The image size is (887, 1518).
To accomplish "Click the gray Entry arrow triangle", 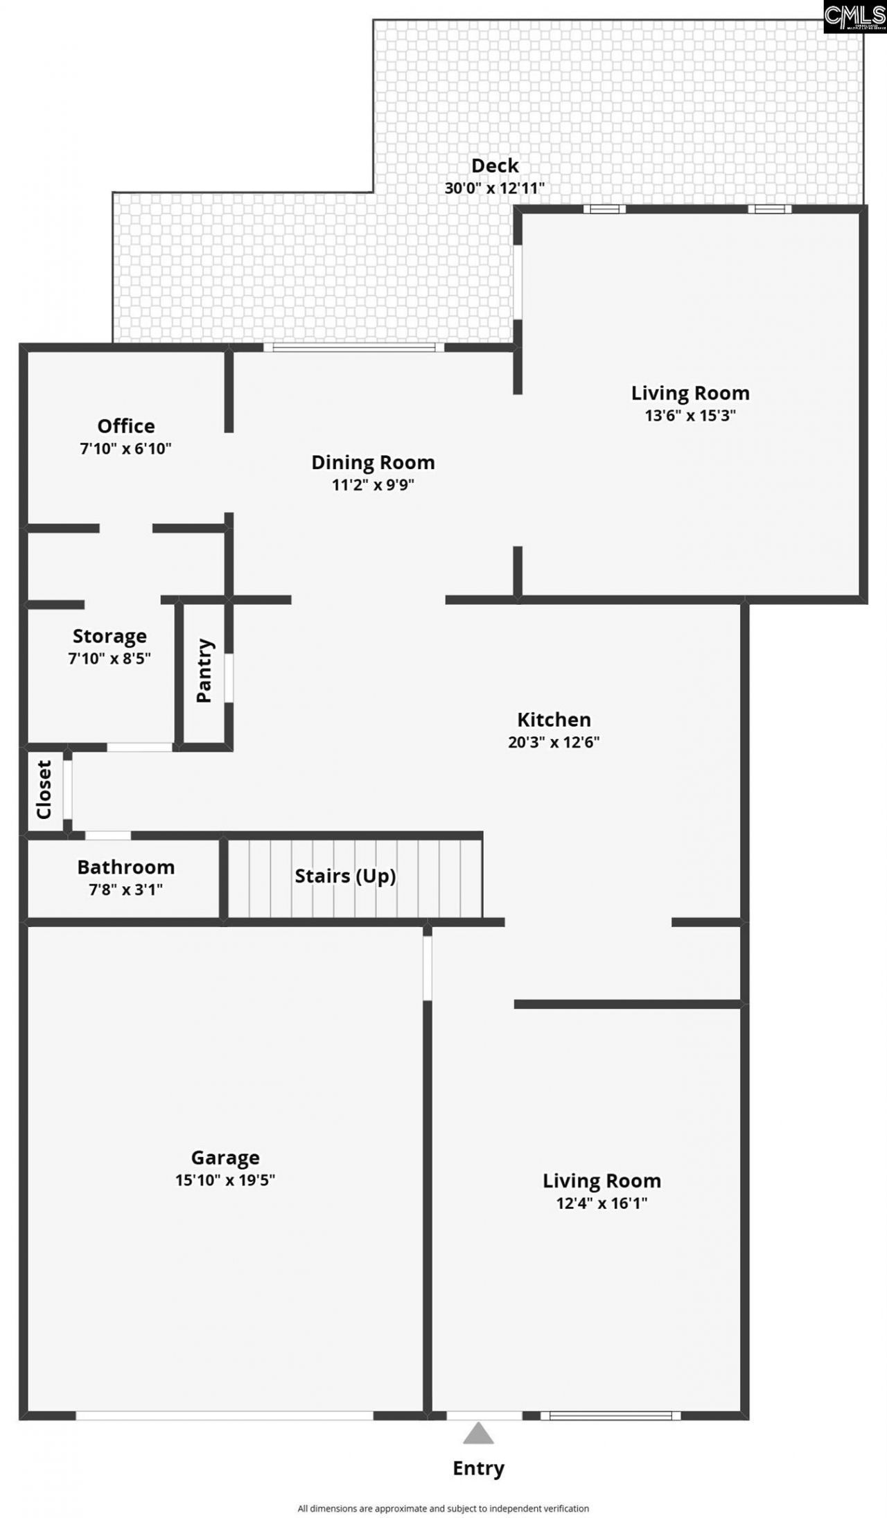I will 478,1433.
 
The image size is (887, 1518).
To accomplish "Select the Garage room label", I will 225,1158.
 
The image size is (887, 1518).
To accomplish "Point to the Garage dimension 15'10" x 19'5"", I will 225,1180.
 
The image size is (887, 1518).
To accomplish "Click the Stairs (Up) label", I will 345,876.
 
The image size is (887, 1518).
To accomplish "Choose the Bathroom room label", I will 125,867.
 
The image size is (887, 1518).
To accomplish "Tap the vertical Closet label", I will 44,790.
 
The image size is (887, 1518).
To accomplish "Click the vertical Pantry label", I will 204,671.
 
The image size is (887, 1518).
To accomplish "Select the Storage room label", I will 109,636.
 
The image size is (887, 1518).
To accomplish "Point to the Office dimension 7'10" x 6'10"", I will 125,448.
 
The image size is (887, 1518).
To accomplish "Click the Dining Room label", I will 373,462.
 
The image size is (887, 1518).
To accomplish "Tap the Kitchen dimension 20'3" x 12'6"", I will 554,742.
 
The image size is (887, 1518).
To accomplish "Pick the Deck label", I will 495,166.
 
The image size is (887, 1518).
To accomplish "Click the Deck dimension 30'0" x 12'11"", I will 495,188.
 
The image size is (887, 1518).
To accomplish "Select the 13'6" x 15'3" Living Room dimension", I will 690,416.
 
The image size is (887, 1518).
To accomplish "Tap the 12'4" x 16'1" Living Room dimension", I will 601,1203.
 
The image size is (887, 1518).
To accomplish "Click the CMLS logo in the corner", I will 854,16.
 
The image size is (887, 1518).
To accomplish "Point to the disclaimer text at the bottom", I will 443,1508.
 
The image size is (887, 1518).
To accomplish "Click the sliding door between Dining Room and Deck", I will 354,347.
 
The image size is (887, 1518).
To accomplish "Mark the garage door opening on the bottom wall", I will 225,1415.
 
